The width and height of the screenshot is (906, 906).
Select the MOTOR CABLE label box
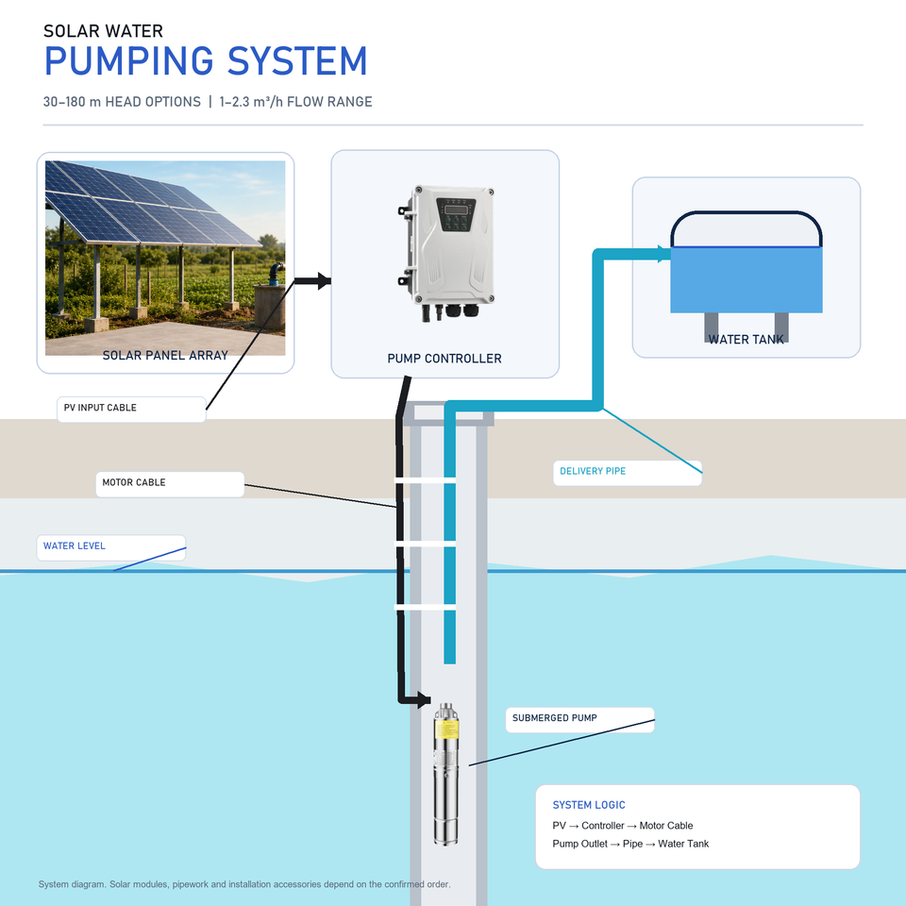click(170, 484)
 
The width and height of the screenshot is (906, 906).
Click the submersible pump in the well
click(446, 773)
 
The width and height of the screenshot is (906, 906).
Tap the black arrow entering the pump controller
click(312, 281)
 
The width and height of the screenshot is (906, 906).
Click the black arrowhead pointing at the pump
click(424, 699)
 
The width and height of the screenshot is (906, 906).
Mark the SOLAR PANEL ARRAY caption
click(165, 356)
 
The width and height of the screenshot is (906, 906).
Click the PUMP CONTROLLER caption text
click(445, 359)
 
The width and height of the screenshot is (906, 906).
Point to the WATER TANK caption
click(746, 339)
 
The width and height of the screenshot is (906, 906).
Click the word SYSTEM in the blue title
click(297, 61)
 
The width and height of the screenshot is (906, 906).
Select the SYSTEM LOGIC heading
click(589, 805)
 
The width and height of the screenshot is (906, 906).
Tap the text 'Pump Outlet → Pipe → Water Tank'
click(630, 844)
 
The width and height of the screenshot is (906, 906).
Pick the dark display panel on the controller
click(456, 214)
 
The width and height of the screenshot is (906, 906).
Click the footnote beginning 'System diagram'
click(244, 884)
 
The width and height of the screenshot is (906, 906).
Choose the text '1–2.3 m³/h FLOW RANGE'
click(295, 102)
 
